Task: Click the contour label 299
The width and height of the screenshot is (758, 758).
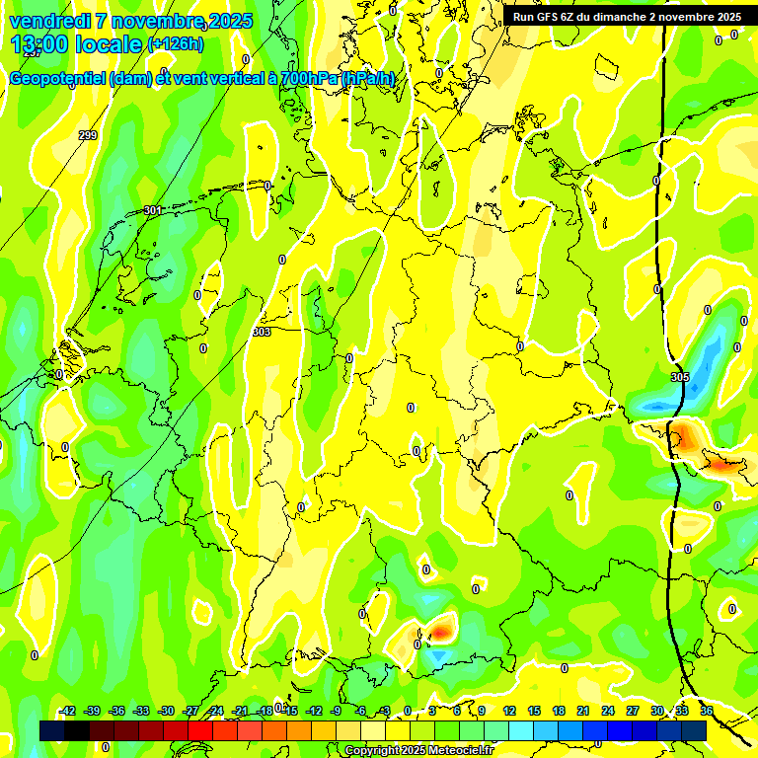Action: (88, 135)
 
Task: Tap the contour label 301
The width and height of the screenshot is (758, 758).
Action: (152, 210)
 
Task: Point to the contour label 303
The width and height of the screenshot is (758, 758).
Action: (262, 333)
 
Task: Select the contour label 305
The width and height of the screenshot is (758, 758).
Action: (680, 377)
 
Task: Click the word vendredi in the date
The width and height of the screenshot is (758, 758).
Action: (49, 21)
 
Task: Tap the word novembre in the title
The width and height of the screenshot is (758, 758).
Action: (159, 21)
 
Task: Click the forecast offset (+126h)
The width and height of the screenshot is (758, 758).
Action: (176, 44)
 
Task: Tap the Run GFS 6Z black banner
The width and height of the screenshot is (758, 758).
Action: (627, 17)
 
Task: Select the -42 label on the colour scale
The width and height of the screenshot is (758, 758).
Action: (67, 711)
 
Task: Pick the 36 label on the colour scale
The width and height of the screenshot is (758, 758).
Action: (707, 711)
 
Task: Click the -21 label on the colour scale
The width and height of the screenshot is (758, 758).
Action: (240, 711)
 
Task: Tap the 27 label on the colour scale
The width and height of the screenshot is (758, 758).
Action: (633, 711)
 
